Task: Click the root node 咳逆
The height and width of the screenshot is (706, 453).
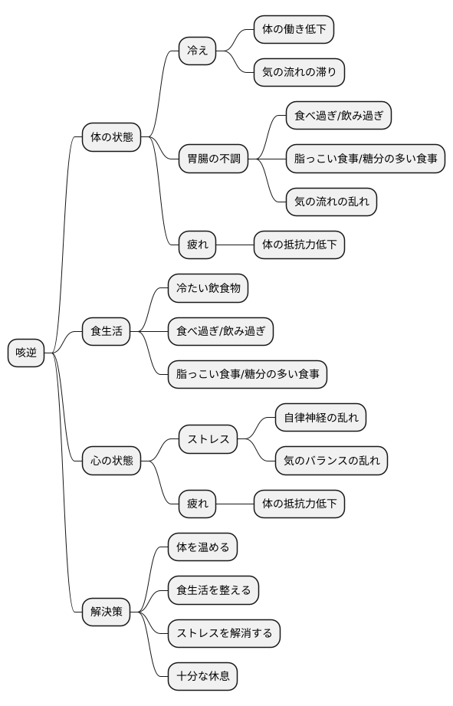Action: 26,353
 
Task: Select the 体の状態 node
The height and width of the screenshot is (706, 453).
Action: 112,137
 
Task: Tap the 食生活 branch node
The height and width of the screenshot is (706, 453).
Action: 107,332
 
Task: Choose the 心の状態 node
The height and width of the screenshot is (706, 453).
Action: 112,461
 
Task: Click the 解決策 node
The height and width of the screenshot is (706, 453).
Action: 107,611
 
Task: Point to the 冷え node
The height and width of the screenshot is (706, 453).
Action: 198,51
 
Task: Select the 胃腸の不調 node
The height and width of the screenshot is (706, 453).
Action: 214,159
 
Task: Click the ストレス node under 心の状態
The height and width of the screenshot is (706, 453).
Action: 208,439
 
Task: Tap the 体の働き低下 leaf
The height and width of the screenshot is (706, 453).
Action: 294,30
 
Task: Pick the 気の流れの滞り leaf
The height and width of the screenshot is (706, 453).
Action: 299,73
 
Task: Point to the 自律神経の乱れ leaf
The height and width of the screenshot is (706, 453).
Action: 320,418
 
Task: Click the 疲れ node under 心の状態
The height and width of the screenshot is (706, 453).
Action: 198,504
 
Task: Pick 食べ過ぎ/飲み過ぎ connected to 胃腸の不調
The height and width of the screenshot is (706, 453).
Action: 338,116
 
